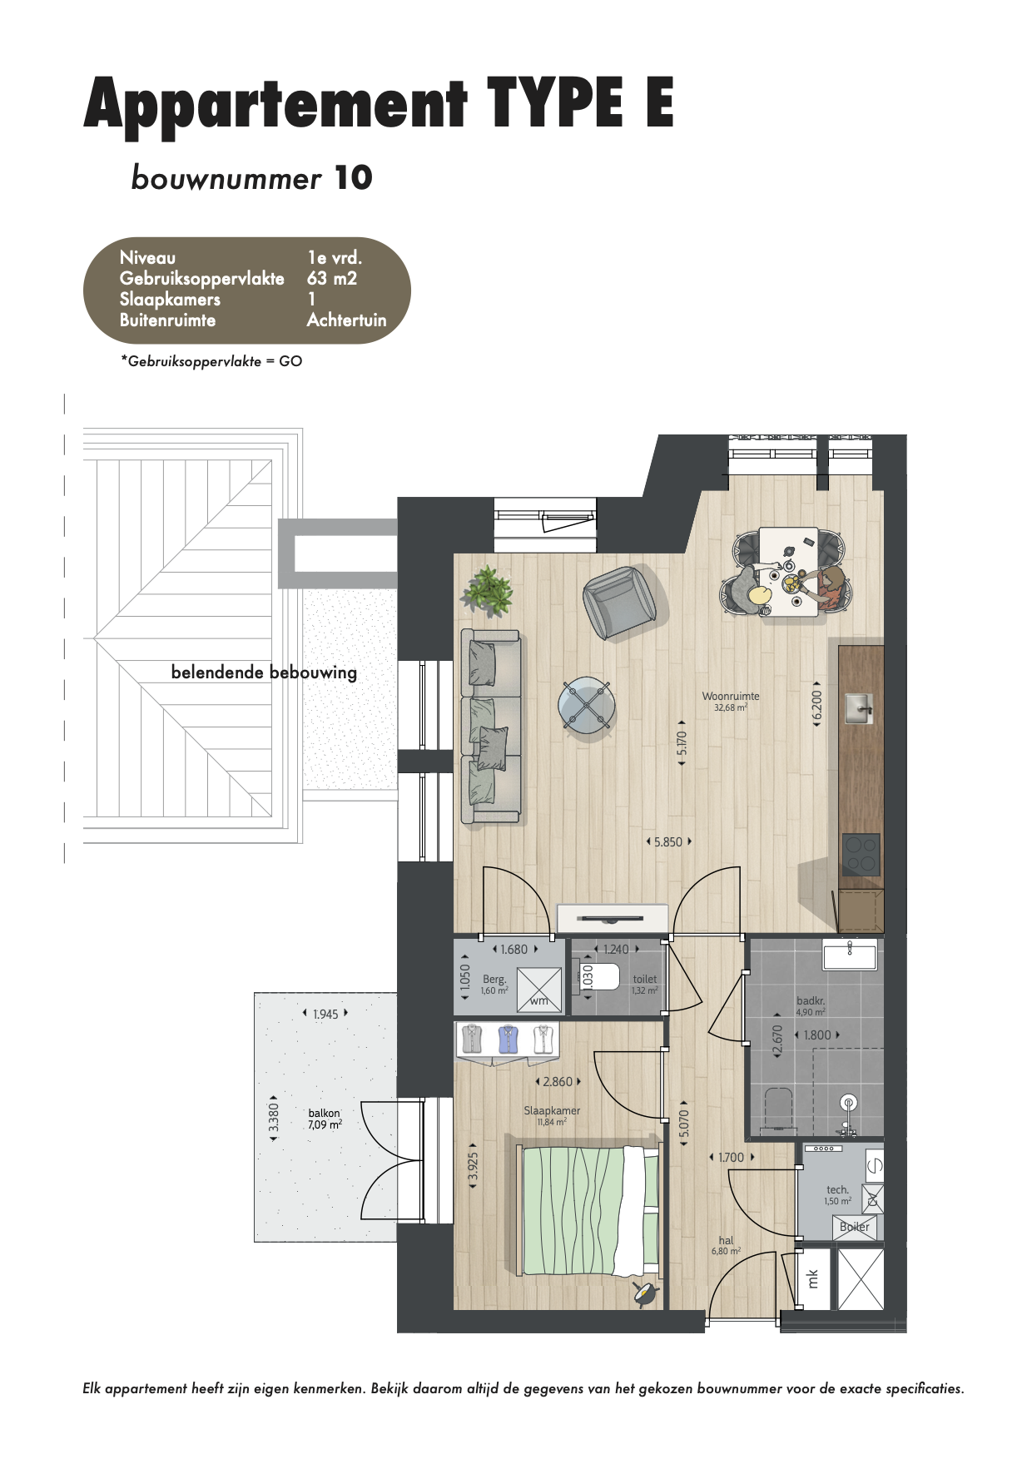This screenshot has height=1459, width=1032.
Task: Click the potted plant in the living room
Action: pos(488,590)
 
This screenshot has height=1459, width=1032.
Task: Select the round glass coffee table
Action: pos(587,706)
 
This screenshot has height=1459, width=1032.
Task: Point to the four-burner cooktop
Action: pos(861,854)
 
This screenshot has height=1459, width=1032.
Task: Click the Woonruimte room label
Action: pos(731,697)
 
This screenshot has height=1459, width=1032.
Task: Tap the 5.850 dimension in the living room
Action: pos(668,842)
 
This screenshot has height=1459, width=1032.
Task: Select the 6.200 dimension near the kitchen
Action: pos(817,706)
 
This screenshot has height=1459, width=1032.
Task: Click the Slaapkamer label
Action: pos(552,1110)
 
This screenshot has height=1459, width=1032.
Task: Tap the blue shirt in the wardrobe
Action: pos(509,1039)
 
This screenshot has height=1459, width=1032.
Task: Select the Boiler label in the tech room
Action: pos(855,1227)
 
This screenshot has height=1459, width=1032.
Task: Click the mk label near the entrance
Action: pos(813,1278)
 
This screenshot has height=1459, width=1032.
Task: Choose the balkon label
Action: pos(324,1113)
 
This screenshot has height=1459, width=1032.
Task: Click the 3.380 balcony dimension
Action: pos(274,1118)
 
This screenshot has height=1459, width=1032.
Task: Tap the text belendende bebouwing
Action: pos(264,672)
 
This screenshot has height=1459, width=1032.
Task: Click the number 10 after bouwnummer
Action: pos(353,178)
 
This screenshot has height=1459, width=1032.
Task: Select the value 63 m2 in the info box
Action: pos(331,279)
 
